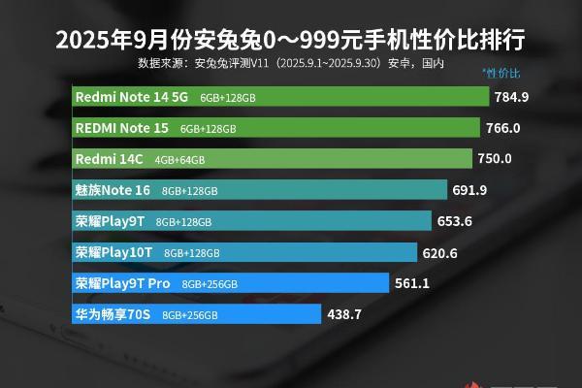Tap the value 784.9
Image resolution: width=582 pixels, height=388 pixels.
pyautogui.click(x=511, y=97)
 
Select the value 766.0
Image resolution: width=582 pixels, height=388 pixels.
pyautogui.click(x=503, y=128)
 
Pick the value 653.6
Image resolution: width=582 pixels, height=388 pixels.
pyautogui.click(x=454, y=221)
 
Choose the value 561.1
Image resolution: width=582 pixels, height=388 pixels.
pyautogui.click(x=412, y=283)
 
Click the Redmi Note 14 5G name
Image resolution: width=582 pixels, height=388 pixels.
pyautogui.click(x=131, y=97)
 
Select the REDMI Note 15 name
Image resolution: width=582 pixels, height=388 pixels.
pyautogui.click(x=121, y=128)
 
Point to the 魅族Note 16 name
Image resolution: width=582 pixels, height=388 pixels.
pyautogui.click(x=113, y=190)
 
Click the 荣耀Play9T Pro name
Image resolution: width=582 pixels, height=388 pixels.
pyautogui.click(x=122, y=283)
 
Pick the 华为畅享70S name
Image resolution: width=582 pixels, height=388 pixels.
pyautogui.click(x=113, y=314)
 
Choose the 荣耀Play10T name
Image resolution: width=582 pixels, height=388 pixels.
pyautogui.click(x=113, y=252)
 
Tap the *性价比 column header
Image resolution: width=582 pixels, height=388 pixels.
pyautogui.click(x=501, y=73)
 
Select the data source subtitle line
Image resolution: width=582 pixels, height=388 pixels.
pyautogui.click(x=291, y=63)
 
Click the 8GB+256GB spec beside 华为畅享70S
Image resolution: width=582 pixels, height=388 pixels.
pyautogui.click(x=190, y=315)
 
